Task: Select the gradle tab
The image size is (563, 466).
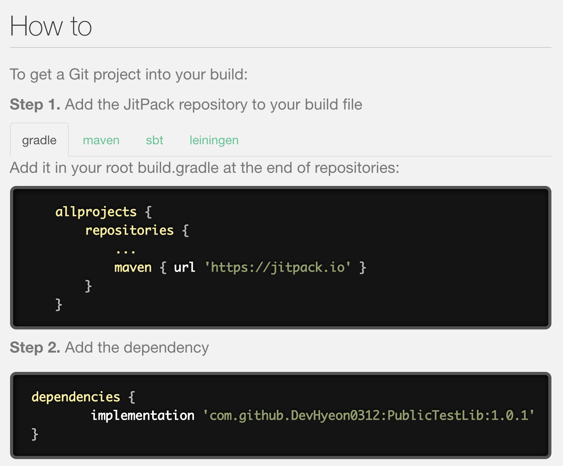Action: (39, 140)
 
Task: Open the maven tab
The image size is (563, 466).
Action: (101, 140)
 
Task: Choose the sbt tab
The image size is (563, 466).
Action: (154, 140)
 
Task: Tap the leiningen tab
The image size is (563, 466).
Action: (214, 140)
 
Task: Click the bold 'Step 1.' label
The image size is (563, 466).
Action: (35, 105)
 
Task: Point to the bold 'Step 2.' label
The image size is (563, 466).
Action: (35, 348)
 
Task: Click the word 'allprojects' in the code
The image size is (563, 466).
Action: (96, 212)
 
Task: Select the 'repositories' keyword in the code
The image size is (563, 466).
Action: (129, 230)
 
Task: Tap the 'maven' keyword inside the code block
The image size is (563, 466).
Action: (133, 267)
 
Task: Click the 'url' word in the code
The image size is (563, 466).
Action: (185, 267)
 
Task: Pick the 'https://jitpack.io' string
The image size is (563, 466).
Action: (278, 267)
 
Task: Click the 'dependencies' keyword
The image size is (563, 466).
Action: (76, 397)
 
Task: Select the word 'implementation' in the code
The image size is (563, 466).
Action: (142, 415)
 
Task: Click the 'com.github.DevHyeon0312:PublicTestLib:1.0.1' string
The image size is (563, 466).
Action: (368, 415)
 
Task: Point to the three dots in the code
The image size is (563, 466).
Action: (125, 252)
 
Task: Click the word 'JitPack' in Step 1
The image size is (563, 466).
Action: (149, 105)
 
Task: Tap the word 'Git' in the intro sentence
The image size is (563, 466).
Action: (79, 74)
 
